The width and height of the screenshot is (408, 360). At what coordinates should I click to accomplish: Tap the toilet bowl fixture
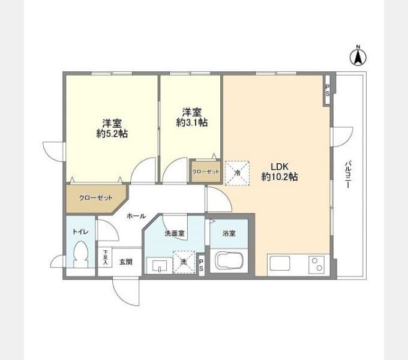(x=80, y=254)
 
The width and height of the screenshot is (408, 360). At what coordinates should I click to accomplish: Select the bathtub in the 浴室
(x=229, y=261)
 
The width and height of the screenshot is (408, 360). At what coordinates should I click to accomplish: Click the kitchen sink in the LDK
(x=280, y=263)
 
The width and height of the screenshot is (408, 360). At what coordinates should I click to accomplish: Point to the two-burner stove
(x=316, y=265)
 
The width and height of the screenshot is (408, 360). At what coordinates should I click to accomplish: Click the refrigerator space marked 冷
(x=237, y=173)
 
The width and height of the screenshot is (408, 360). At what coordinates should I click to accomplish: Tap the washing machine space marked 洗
(x=184, y=262)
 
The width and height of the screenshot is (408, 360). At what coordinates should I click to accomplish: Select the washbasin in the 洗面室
(x=159, y=266)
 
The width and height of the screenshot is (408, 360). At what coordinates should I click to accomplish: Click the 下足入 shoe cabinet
(x=105, y=257)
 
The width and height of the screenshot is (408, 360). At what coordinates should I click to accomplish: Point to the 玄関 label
(x=126, y=262)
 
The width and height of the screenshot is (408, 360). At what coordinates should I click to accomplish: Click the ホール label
(x=136, y=216)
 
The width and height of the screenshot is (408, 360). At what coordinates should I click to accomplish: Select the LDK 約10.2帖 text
(x=280, y=172)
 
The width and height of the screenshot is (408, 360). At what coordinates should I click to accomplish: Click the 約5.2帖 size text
(x=112, y=134)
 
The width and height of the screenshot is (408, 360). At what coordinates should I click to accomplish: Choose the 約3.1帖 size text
(x=192, y=122)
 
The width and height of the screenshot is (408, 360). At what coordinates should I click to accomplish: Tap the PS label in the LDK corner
(x=328, y=90)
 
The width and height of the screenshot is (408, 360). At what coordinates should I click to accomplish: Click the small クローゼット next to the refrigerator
(x=206, y=172)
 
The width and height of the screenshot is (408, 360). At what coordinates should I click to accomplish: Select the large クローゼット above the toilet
(x=96, y=198)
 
